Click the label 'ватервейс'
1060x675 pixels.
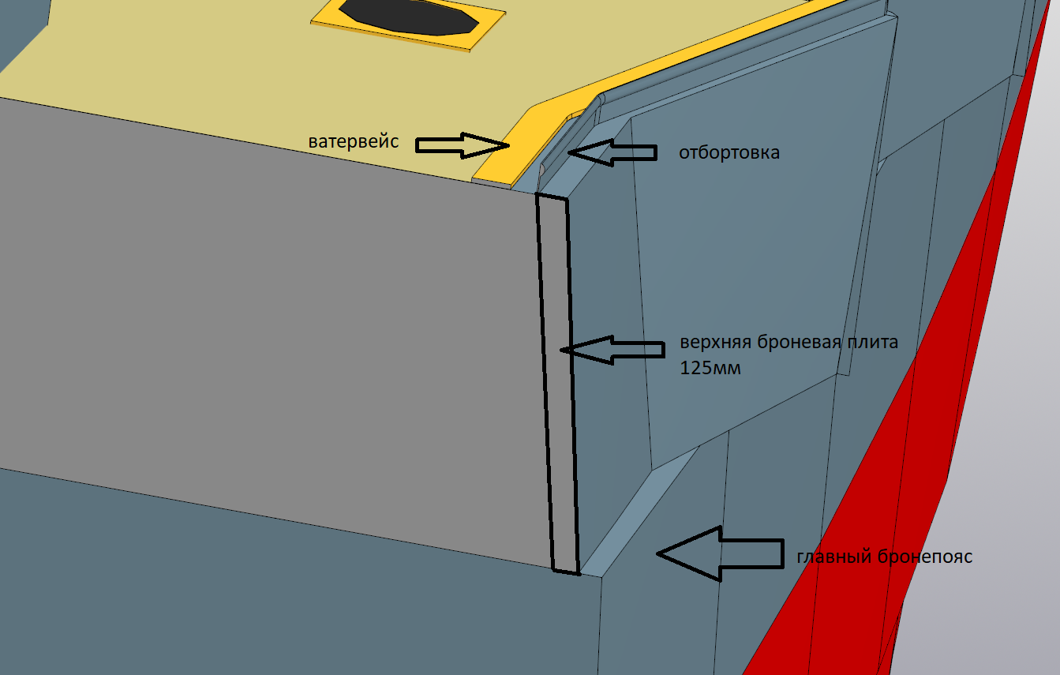tap(353, 142)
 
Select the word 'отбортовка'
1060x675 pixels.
tap(729, 152)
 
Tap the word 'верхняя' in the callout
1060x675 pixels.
tap(715, 343)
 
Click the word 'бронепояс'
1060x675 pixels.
tap(925, 557)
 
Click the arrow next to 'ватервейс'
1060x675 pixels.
tap(462, 144)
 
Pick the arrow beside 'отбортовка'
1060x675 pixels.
tap(612, 152)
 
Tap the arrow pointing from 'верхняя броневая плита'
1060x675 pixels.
tap(612, 349)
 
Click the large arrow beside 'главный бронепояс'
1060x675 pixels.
tap(718, 554)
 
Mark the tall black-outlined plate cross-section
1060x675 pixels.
tap(558, 383)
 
